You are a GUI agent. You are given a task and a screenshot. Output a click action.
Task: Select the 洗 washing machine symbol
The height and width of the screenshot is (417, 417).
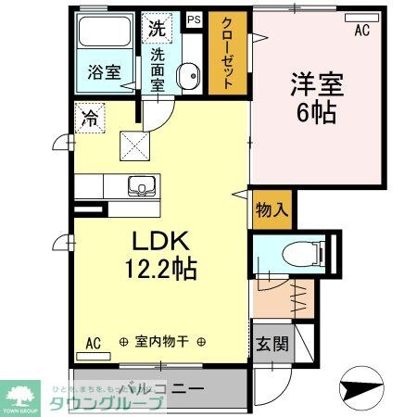coord(156,28)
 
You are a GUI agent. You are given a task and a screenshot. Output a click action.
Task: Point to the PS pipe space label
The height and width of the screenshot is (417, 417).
coord(194,19)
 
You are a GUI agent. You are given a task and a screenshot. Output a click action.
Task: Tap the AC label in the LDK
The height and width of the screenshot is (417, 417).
coord(94,342)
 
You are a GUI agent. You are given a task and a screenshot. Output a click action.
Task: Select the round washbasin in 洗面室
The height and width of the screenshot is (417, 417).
coord(188,75)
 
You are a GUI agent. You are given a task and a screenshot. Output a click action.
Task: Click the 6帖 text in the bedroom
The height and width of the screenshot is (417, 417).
coord(317,113)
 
